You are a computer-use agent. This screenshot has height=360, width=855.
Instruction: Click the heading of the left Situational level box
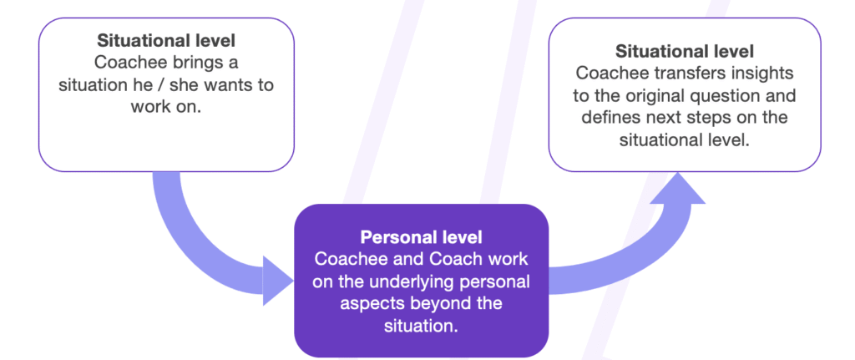(x=166, y=40)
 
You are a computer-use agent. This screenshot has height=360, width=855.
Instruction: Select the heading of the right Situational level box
(x=685, y=52)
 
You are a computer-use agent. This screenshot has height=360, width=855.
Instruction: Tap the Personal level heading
(x=421, y=238)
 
